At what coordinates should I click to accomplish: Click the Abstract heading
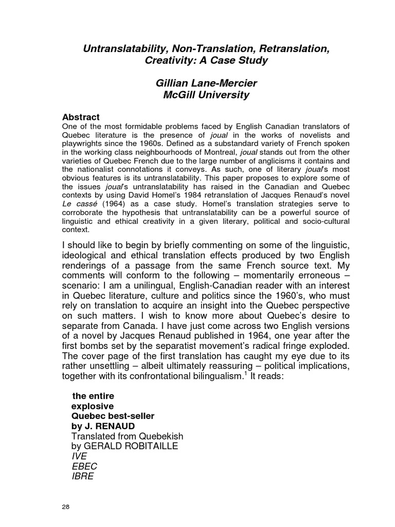(x=81, y=117)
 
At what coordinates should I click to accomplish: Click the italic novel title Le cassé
(x=79, y=204)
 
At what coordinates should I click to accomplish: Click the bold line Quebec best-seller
(x=112, y=416)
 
